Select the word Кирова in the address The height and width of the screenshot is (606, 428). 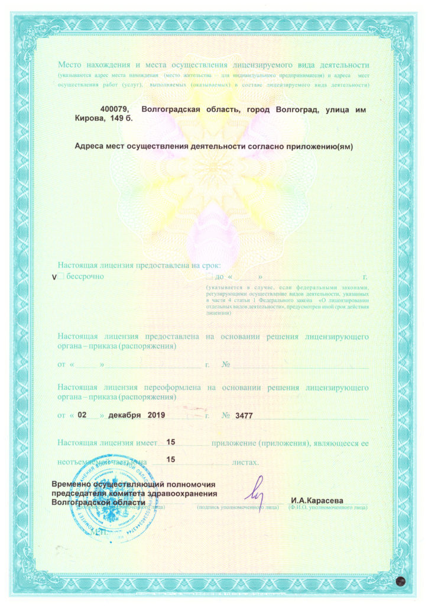87,119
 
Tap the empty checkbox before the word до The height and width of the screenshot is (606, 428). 209,276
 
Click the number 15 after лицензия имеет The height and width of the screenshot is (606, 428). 171,442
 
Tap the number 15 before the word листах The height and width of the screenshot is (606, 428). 171,459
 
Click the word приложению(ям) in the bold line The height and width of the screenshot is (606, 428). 320,147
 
